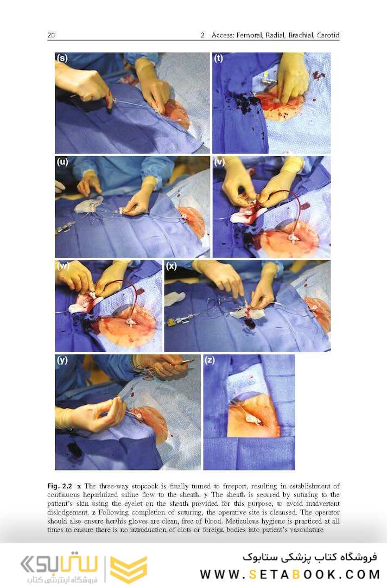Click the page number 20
(x=51, y=35)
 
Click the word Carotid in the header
(x=328, y=35)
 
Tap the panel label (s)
(x=62, y=58)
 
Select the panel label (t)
(x=218, y=58)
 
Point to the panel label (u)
(x=62, y=162)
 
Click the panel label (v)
(x=219, y=162)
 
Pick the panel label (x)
(x=172, y=266)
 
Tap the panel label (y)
(x=62, y=360)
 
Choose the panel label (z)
(x=210, y=360)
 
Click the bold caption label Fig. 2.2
(x=60, y=486)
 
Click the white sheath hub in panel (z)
(x=253, y=419)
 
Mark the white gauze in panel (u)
(x=88, y=204)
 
